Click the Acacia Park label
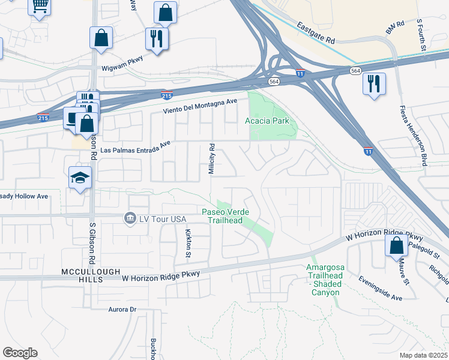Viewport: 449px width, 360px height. click(x=267, y=121)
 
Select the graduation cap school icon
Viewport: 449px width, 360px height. click(x=79, y=178)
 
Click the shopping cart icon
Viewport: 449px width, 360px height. click(x=40, y=6)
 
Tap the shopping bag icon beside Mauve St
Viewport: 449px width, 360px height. click(x=396, y=245)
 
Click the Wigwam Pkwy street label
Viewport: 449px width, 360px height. click(x=124, y=68)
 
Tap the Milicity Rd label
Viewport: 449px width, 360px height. click(x=211, y=159)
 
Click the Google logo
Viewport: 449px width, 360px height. click(x=20, y=353)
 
